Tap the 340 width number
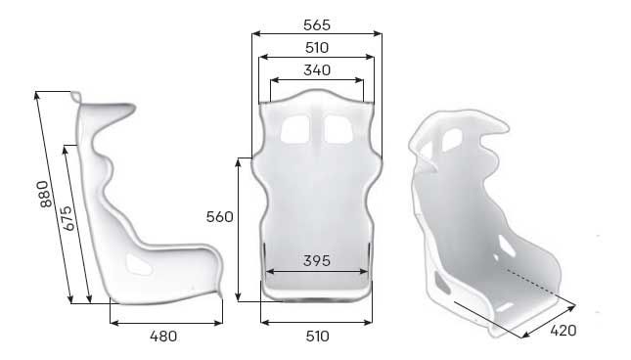coord(316,69)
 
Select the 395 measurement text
coord(316,260)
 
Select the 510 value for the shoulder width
coord(316,47)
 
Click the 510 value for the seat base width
coord(316,337)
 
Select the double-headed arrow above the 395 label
coord(316,271)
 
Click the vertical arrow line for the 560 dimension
coord(239,229)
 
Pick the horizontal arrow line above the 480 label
coord(165,322)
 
